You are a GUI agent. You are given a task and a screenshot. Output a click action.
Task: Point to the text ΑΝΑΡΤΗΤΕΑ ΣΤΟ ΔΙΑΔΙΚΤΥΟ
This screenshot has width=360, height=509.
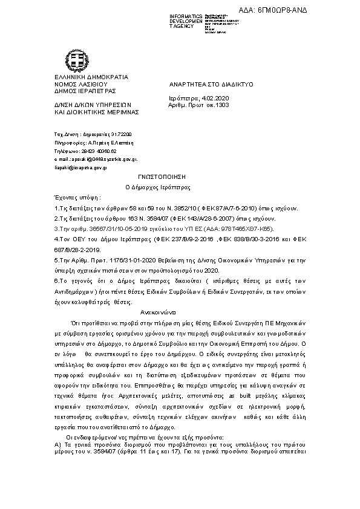coord(211,85)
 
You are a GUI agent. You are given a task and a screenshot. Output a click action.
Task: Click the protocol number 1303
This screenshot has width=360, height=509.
coord(222,104)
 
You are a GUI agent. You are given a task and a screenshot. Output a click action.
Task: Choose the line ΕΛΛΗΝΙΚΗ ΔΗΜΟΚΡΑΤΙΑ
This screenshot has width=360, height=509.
coord(91,77)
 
